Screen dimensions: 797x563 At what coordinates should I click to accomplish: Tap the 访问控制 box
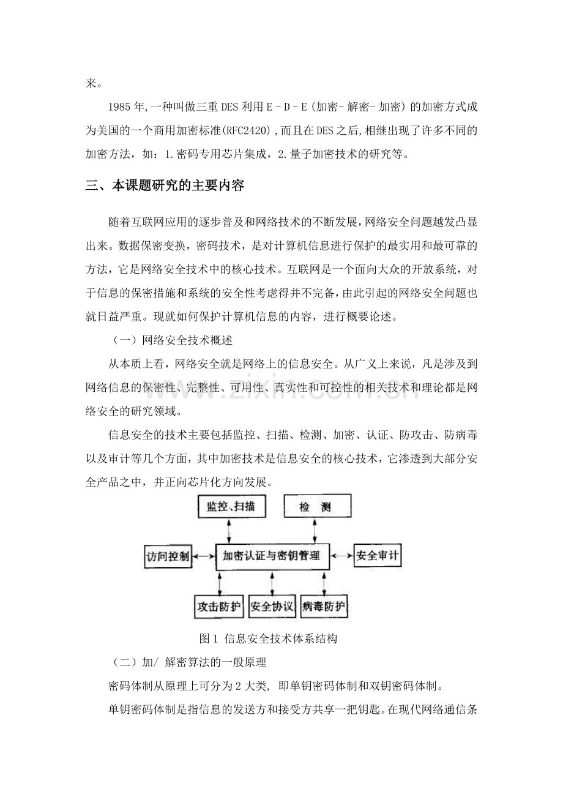168,557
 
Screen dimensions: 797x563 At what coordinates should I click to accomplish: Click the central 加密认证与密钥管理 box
272,557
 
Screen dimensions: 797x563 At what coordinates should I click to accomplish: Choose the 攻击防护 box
219,607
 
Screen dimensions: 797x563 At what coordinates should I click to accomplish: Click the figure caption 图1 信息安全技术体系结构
269,638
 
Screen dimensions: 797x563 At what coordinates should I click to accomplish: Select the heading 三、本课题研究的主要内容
165,186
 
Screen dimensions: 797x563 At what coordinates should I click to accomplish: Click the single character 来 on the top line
91,83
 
